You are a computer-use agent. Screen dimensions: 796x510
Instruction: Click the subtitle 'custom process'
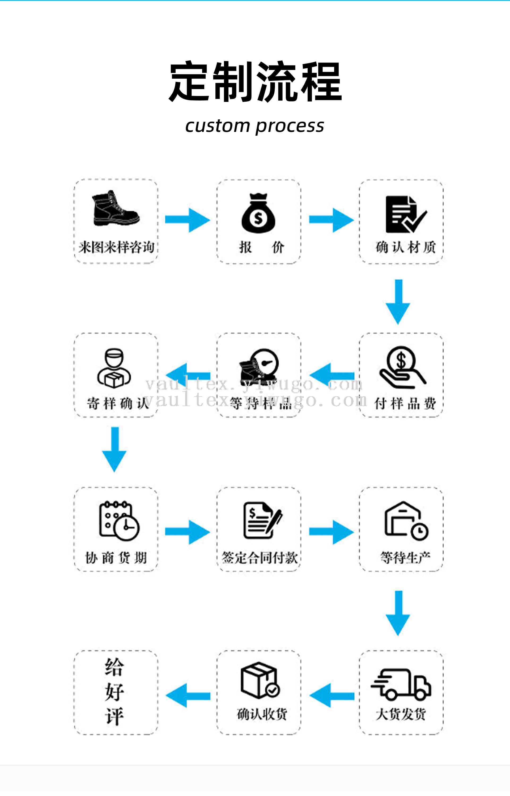pos(255,126)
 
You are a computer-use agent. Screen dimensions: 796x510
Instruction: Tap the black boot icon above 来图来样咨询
pos(116,209)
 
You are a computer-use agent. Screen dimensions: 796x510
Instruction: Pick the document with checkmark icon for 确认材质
pos(405,215)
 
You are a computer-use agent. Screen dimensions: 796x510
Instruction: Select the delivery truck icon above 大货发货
pos(401,684)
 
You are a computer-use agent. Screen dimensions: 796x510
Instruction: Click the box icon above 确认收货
pos(260,680)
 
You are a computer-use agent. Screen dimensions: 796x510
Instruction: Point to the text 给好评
pos(114,692)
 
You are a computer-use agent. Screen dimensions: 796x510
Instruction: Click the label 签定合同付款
pos(259,558)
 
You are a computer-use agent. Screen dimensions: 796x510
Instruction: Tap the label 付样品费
pos(405,403)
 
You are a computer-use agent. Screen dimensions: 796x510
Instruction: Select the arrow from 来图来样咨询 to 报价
pos(188,220)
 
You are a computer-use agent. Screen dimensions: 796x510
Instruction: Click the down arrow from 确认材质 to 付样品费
pos(398,301)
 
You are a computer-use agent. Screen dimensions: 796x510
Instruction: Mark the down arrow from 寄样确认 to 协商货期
pos(114,449)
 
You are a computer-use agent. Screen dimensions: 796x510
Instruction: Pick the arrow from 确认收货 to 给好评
pos(188,695)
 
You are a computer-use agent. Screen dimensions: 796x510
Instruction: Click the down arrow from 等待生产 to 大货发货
pos(398,613)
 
